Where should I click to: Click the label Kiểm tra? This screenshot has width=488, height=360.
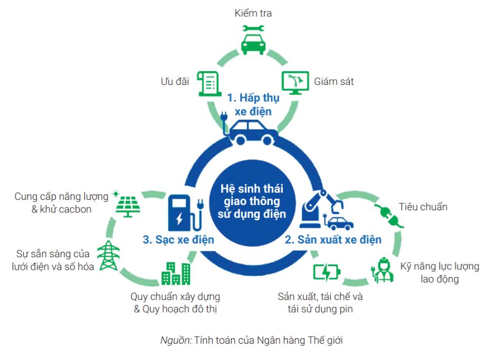click(253, 13)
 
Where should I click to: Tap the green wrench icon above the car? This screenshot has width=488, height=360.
click(253, 28)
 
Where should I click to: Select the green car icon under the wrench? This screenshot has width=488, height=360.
click(253, 44)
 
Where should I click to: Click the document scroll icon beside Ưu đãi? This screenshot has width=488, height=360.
click(209, 83)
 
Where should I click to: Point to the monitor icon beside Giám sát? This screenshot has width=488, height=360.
click(295, 83)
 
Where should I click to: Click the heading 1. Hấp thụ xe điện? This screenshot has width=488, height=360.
click(253, 104)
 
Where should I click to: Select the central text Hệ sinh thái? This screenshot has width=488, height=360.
click(252, 189)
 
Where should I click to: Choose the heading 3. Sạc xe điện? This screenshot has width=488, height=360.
click(178, 240)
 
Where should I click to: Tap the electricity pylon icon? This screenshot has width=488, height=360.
click(108, 255)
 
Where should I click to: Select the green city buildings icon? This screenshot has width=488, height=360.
click(176, 274)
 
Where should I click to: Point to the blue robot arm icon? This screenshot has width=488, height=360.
click(321, 209)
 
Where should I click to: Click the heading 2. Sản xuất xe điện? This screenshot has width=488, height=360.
click(333, 240)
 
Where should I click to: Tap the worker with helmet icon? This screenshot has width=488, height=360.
click(382, 270)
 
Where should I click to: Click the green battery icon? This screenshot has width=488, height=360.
click(326, 273)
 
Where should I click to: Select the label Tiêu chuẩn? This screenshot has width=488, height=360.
click(423, 207)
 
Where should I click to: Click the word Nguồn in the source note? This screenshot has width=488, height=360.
click(176, 340)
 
